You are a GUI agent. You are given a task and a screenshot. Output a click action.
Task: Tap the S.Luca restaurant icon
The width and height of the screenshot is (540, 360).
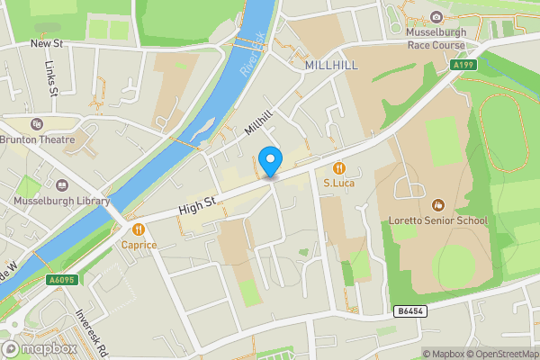338,167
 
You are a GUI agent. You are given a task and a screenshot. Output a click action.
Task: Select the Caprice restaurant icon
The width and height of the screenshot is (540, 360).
139,229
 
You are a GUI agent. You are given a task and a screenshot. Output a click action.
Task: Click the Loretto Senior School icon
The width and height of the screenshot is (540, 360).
438,205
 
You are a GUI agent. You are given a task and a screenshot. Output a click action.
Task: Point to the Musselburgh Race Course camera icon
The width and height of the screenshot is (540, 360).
436,17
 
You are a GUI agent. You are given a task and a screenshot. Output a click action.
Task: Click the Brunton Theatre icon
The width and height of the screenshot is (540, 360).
36,124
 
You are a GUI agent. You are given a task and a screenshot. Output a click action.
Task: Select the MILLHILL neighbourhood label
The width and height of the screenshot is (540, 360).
331,66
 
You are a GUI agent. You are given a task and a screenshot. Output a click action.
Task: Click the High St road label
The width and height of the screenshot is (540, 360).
199,208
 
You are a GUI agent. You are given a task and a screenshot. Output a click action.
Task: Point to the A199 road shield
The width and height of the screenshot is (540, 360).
463,65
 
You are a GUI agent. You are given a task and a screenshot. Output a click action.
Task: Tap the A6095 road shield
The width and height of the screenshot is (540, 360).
61,280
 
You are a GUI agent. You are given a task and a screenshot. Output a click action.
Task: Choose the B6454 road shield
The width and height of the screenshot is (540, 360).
409,311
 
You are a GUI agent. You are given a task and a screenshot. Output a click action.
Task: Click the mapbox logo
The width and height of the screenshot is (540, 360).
38,348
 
